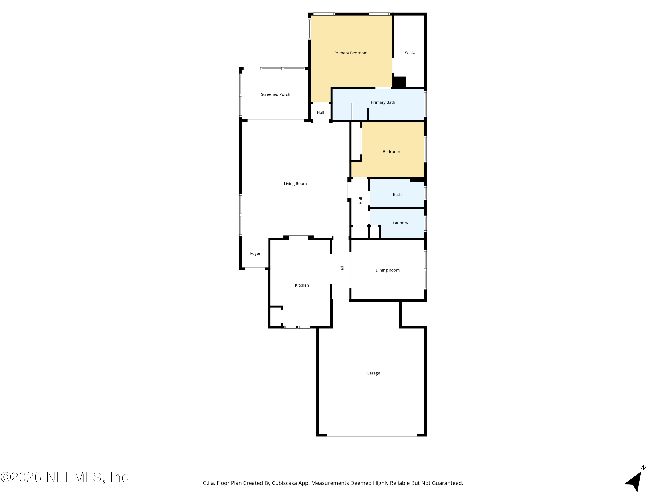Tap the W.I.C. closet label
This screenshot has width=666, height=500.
410,52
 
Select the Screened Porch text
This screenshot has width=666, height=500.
276,94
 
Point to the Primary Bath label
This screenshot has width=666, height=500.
383,102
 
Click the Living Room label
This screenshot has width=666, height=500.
295,184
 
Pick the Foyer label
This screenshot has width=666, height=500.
255,254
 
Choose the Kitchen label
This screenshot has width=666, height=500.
302,285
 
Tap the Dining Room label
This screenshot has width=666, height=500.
387,270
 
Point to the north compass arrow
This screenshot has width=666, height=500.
634,482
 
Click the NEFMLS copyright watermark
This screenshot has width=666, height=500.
64,477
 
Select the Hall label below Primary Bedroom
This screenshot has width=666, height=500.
320,112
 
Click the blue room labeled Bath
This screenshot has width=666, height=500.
397,193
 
